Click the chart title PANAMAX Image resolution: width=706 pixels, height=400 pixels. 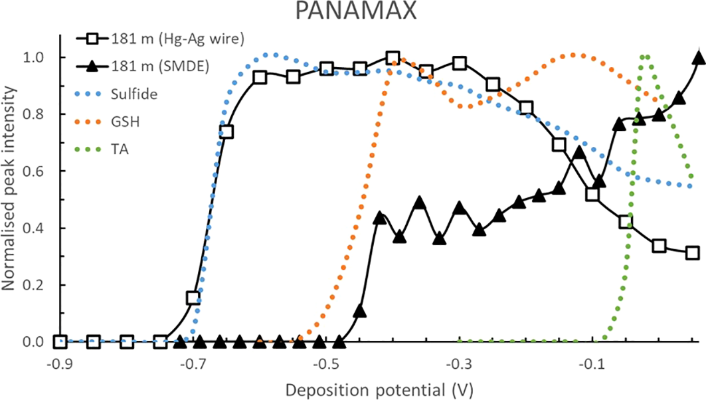pyautogui.click(x=353, y=13)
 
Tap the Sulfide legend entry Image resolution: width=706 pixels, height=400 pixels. pyautogui.click(x=135, y=94)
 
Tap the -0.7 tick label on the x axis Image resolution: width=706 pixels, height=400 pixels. pyautogui.click(x=193, y=365)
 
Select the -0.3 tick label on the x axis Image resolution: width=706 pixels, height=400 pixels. pyautogui.click(x=459, y=365)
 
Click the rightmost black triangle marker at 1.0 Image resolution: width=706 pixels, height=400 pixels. pyautogui.click(x=698, y=58)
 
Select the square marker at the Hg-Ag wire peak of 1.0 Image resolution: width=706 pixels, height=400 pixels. pyautogui.click(x=393, y=58)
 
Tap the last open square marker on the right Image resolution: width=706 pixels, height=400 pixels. pyautogui.click(x=692, y=253)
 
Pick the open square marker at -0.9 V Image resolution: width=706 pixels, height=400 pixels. pyautogui.click(x=60, y=342)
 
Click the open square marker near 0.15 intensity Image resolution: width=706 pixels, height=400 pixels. pyautogui.click(x=193, y=298)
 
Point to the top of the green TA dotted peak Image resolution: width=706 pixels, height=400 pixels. pyautogui.click(x=644, y=57)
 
